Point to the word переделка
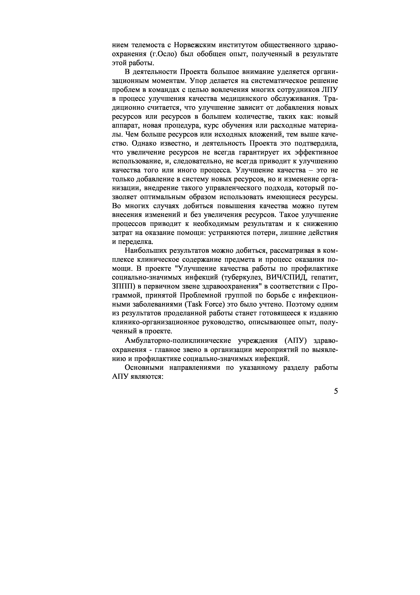click(x=136, y=242)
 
